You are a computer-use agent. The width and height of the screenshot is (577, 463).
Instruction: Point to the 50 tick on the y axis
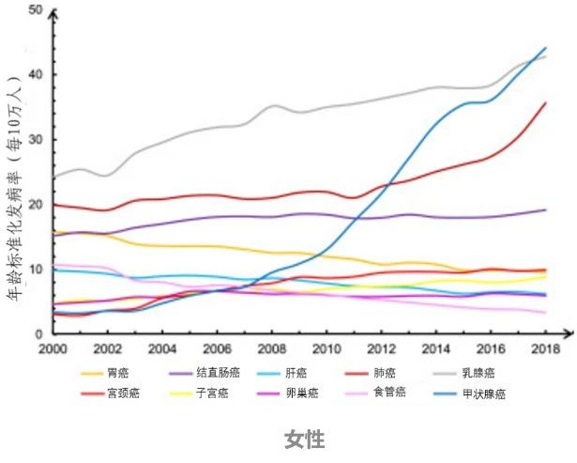pos(37,10)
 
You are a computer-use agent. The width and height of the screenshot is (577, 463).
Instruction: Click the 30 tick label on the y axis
pos(37,140)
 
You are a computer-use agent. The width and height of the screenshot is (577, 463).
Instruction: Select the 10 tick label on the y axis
pos(37,270)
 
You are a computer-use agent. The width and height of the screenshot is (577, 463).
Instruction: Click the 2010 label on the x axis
pos(326,348)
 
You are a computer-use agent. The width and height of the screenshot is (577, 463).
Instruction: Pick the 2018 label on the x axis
pos(544,348)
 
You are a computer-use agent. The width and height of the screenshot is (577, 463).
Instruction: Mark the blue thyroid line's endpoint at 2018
pos(546,48)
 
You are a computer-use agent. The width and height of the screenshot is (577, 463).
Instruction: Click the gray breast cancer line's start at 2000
pos(53,177)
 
